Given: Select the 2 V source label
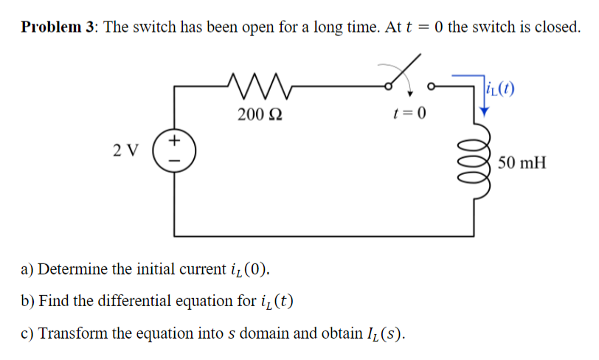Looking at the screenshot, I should (x=126, y=150).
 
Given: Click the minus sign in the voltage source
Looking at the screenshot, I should (x=175, y=159).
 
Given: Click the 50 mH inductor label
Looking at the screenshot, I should (x=523, y=162).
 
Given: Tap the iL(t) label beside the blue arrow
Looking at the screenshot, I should (x=502, y=91).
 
